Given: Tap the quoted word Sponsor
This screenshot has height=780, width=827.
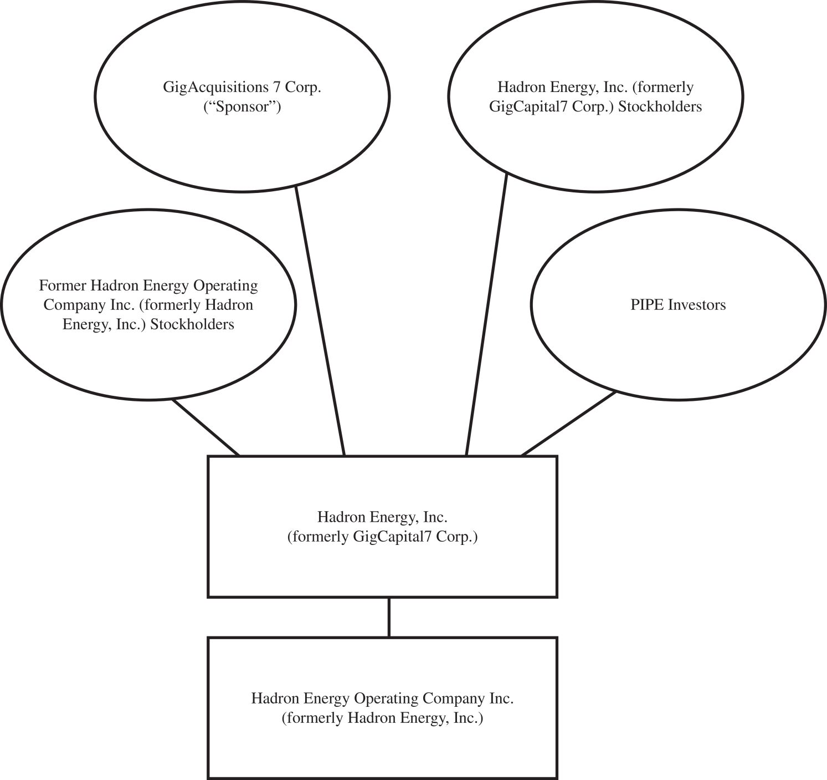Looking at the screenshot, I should click(242, 106).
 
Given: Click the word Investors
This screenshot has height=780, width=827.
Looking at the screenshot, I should click(697, 305).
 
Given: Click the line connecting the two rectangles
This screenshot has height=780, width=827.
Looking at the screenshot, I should click(389, 617).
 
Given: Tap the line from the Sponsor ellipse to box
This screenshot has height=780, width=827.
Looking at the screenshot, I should click(321, 322).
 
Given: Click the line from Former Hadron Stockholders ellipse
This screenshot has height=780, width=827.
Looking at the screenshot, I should click(206, 427).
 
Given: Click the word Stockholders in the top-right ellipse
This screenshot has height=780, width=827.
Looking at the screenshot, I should click(660, 106).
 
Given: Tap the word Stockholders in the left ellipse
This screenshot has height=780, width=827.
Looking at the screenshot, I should click(192, 324).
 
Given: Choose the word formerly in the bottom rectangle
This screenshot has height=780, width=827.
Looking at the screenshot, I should click(313, 718).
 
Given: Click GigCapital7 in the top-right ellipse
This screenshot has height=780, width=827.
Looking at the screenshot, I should click(522, 106).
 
